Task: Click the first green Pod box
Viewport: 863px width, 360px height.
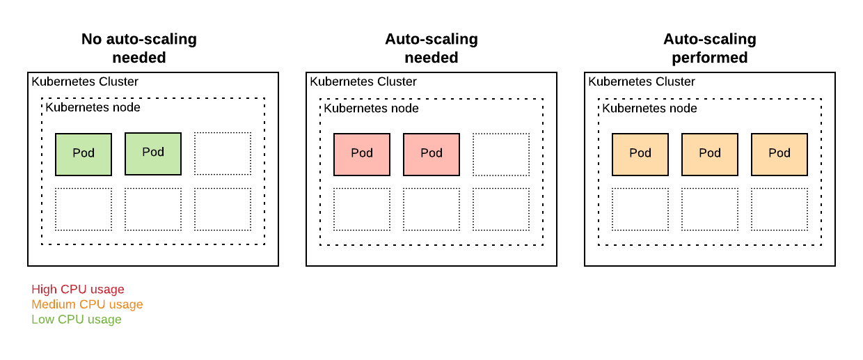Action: click(84, 154)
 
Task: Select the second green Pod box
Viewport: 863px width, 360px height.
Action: click(153, 153)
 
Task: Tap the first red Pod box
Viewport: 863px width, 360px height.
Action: click(362, 154)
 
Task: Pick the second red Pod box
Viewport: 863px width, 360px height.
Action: click(431, 154)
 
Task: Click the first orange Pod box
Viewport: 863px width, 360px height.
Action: click(640, 154)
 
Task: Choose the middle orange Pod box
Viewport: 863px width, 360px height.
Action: click(710, 154)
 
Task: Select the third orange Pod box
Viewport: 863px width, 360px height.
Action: click(779, 154)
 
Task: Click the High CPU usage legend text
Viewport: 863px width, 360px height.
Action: click(78, 289)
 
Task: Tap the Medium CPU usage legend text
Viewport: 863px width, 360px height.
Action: click(87, 304)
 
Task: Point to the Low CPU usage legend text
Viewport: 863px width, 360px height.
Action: click(77, 320)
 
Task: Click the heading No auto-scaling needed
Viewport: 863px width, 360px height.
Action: click(139, 48)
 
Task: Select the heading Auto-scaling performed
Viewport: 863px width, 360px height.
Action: click(710, 48)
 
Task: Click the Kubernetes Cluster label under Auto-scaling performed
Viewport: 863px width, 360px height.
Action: click(642, 81)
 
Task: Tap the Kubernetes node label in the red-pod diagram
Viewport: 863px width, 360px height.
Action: click(372, 108)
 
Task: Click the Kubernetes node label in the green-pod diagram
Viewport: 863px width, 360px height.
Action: click(93, 107)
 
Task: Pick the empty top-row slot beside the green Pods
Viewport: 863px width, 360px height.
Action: click(223, 154)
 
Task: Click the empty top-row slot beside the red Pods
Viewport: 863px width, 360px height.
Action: click(501, 154)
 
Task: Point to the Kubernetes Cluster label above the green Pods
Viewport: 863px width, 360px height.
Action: click(85, 81)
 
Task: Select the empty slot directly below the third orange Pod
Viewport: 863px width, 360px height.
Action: click(779, 209)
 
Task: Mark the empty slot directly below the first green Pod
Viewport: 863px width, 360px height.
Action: click(84, 209)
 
